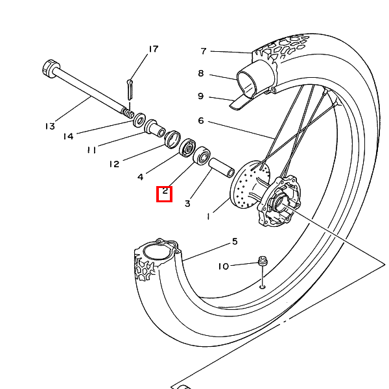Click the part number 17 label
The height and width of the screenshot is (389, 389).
pyautogui.click(x=154, y=49)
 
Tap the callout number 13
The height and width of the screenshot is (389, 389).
pyautogui.click(x=50, y=126)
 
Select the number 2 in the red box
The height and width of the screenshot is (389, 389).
pyautogui.click(x=165, y=191)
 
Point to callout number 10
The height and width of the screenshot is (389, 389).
pyautogui.click(x=223, y=266)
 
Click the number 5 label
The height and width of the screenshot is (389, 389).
pyautogui.click(x=235, y=241)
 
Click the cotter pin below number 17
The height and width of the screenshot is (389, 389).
pyautogui.click(x=130, y=89)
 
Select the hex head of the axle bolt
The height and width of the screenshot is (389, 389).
pyautogui.click(x=51, y=68)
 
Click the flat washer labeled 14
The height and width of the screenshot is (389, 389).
pyautogui.click(x=139, y=120)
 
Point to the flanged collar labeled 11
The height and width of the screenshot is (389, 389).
pyautogui.click(x=155, y=128)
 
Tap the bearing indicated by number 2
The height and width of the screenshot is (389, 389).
pyautogui.click(x=202, y=155)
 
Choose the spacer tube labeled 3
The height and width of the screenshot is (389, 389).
pyautogui.click(x=222, y=168)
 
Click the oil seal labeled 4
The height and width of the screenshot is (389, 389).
pyautogui.click(x=187, y=148)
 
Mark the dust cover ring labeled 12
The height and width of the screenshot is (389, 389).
pyautogui.click(x=172, y=139)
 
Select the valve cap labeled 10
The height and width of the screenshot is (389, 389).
pyautogui.click(x=263, y=261)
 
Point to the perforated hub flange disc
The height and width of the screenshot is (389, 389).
pyautogui.click(x=250, y=185)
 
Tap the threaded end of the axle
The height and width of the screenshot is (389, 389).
pyautogui.click(x=128, y=112)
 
